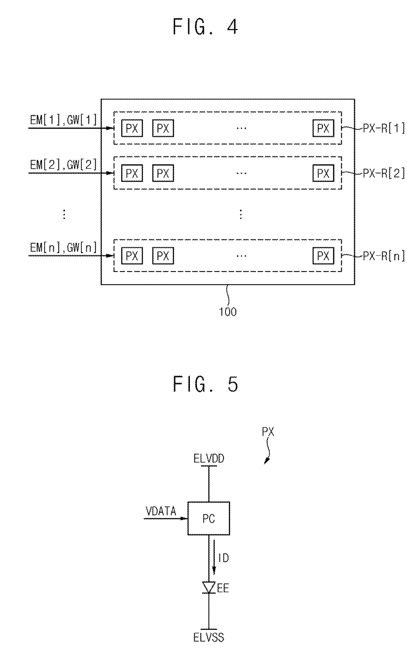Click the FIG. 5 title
pos(205,384)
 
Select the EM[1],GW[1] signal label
pos(63,120)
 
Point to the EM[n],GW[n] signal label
pos(63,247)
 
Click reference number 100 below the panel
pos(228,312)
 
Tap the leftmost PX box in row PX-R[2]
pos(132,173)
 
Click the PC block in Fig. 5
pos(209,518)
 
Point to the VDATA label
pos(161,511)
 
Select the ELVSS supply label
pos(209,637)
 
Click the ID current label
pos(223,558)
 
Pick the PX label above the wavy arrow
pos(268,432)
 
